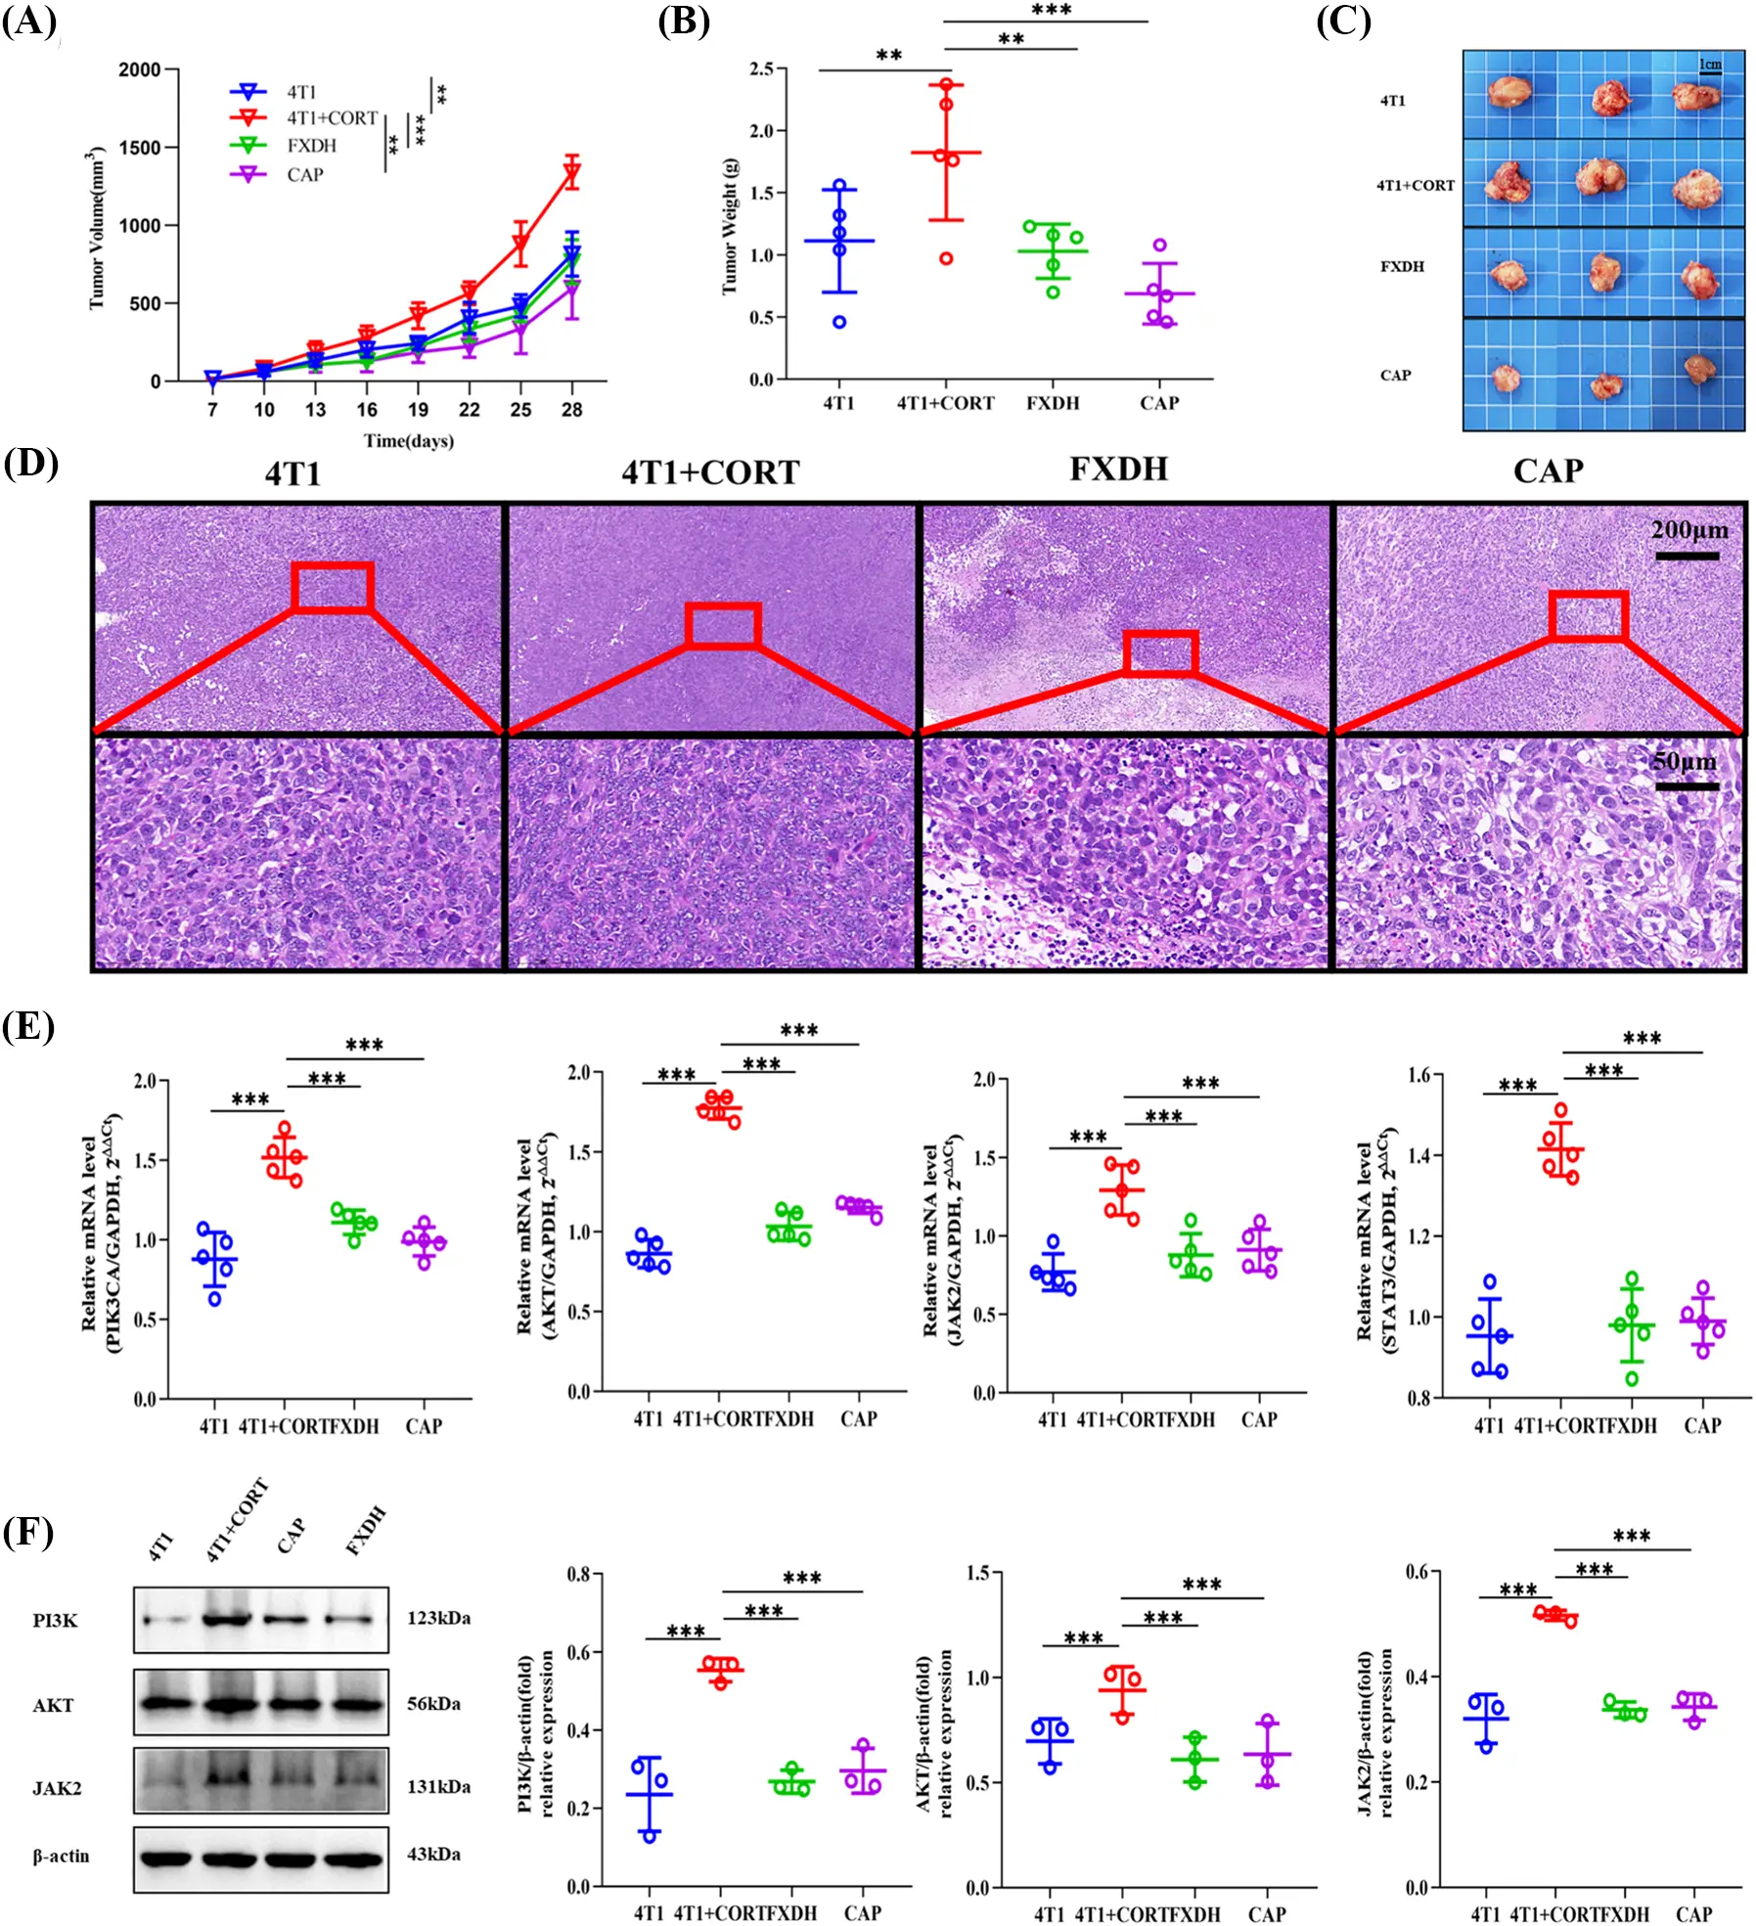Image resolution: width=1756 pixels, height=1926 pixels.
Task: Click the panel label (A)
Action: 29,22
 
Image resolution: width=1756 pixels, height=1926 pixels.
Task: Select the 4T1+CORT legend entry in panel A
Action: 331,118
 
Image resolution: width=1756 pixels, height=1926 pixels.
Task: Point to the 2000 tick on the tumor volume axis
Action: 139,69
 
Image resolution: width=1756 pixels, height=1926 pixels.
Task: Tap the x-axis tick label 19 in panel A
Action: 418,410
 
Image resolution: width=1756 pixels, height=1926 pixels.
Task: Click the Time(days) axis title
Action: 409,441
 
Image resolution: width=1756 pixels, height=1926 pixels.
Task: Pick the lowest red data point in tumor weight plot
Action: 946,258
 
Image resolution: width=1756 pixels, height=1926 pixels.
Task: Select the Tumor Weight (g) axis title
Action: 730,226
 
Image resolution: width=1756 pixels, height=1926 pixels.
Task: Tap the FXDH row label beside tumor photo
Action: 1402,266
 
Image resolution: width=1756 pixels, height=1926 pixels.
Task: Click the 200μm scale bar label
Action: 1689,530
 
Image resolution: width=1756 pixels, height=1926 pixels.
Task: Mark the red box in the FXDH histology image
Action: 1160,653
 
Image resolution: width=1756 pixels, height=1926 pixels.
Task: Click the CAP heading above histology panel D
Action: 1548,470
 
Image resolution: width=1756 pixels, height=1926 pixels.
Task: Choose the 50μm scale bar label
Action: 1684,761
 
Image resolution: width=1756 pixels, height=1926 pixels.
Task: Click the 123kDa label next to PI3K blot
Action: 438,1618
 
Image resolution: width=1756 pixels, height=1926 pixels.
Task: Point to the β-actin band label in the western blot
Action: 61,1856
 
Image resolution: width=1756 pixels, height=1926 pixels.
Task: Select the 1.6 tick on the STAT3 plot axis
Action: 1418,1075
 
